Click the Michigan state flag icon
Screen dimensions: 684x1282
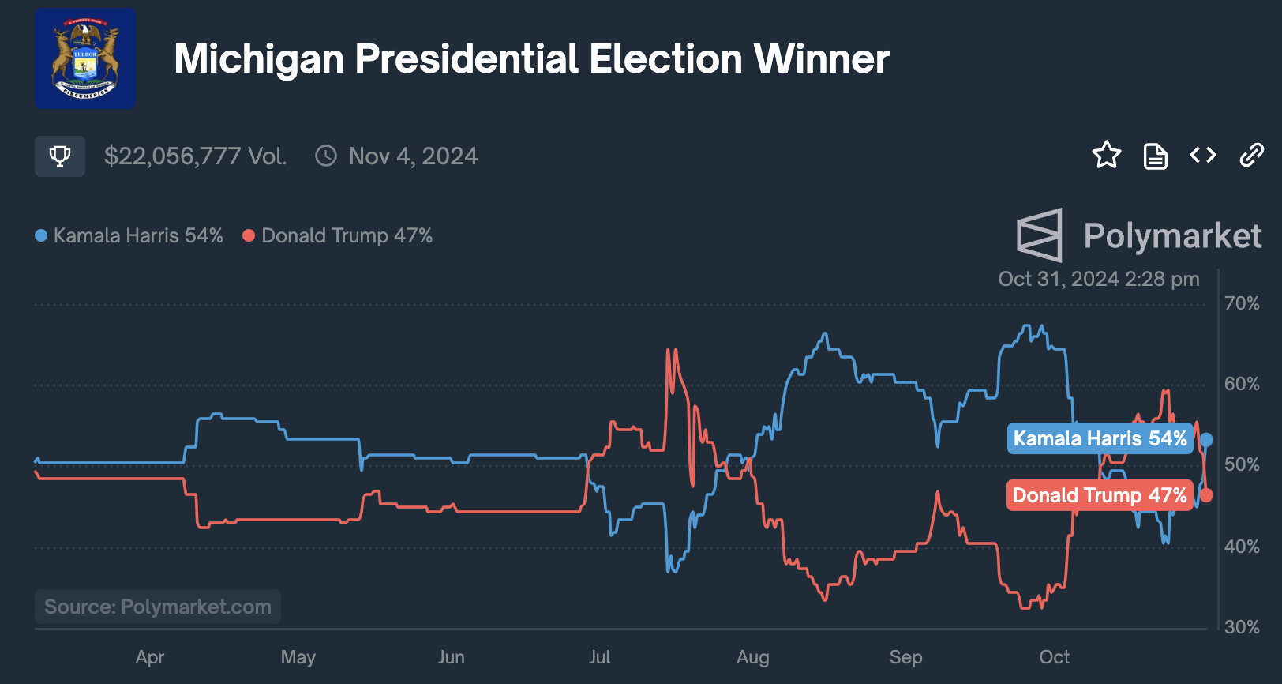[x=85, y=58]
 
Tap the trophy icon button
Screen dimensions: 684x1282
[x=60, y=156]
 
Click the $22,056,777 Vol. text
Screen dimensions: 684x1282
[x=195, y=156]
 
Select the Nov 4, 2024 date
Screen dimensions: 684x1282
[x=413, y=156]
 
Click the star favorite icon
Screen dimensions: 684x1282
[x=1107, y=155]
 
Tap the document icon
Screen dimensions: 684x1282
[x=1156, y=156]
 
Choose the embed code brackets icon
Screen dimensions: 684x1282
[x=1203, y=156]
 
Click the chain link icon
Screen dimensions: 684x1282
[x=1252, y=156]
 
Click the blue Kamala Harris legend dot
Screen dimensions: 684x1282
[x=41, y=235]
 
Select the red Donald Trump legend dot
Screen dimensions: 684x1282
[x=249, y=235]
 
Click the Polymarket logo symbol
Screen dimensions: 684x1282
[x=1040, y=235]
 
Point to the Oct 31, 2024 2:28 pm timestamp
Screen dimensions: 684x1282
[x=1099, y=279]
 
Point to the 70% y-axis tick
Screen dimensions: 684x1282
[x=1242, y=303]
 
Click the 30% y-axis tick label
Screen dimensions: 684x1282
[x=1242, y=627]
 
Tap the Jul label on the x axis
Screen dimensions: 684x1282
[x=600, y=657]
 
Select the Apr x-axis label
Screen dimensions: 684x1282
[x=150, y=657]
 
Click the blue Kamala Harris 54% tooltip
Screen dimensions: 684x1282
[x=1100, y=438]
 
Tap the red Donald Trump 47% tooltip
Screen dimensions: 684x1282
[x=1100, y=495]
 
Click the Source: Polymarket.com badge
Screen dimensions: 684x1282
[x=158, y=607]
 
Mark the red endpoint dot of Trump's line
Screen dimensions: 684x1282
[x=1206, y=495]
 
